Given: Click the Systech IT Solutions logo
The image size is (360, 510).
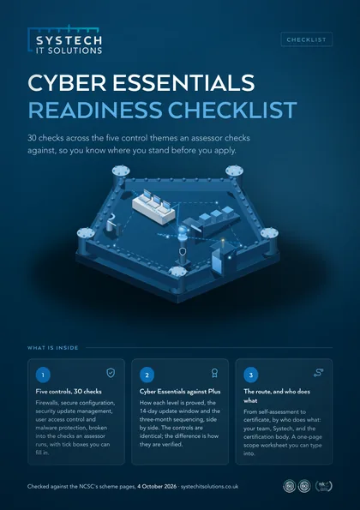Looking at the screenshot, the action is pyautogui.click(x=65, y=39).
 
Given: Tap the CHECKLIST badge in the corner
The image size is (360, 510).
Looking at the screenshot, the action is pyautogui.click(x=306, y=39).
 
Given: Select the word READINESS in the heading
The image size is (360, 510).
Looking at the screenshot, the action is pyautogui.click(x=94, y=110).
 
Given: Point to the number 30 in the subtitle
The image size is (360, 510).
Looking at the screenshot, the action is pyautogui.click(x=32, y=138).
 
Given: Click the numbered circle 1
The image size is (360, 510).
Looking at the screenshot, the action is pyautogui.click(x=43, y=375).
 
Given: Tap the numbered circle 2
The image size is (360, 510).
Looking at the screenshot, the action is pyautogui.click(x=147, y=375).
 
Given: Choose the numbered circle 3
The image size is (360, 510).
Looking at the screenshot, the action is pyautogui.click(x=251, y=375).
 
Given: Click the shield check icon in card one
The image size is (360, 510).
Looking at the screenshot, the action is pyautogui.click(x=111, y=373).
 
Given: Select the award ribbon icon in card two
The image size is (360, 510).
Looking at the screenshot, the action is pyautogui.click(x=214, y=373).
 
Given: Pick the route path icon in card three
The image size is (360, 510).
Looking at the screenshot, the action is pyautogui.click(x=318, y=373).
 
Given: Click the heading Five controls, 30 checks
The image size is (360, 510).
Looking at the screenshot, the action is pyautogui.click(x=69, y=391).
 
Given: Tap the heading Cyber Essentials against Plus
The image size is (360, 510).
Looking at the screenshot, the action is pyautogui.click(x=180, y=391).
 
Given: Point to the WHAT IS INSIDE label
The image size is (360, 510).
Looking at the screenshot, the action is pyautogui.click(x=53, y=348).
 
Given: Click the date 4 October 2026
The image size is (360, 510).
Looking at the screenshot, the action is pyautogui.click(x=157, y=487).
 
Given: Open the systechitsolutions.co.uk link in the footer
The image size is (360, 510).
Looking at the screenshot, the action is pyautogui.click(x=209, y=487).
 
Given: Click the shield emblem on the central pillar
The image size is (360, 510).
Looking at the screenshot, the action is pyautogui.click(x=183, y=251).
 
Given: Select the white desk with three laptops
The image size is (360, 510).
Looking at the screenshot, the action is pyautogui.click(x=153, y=207).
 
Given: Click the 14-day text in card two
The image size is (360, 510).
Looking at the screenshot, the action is pyautogui.click(x=148, y=411).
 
